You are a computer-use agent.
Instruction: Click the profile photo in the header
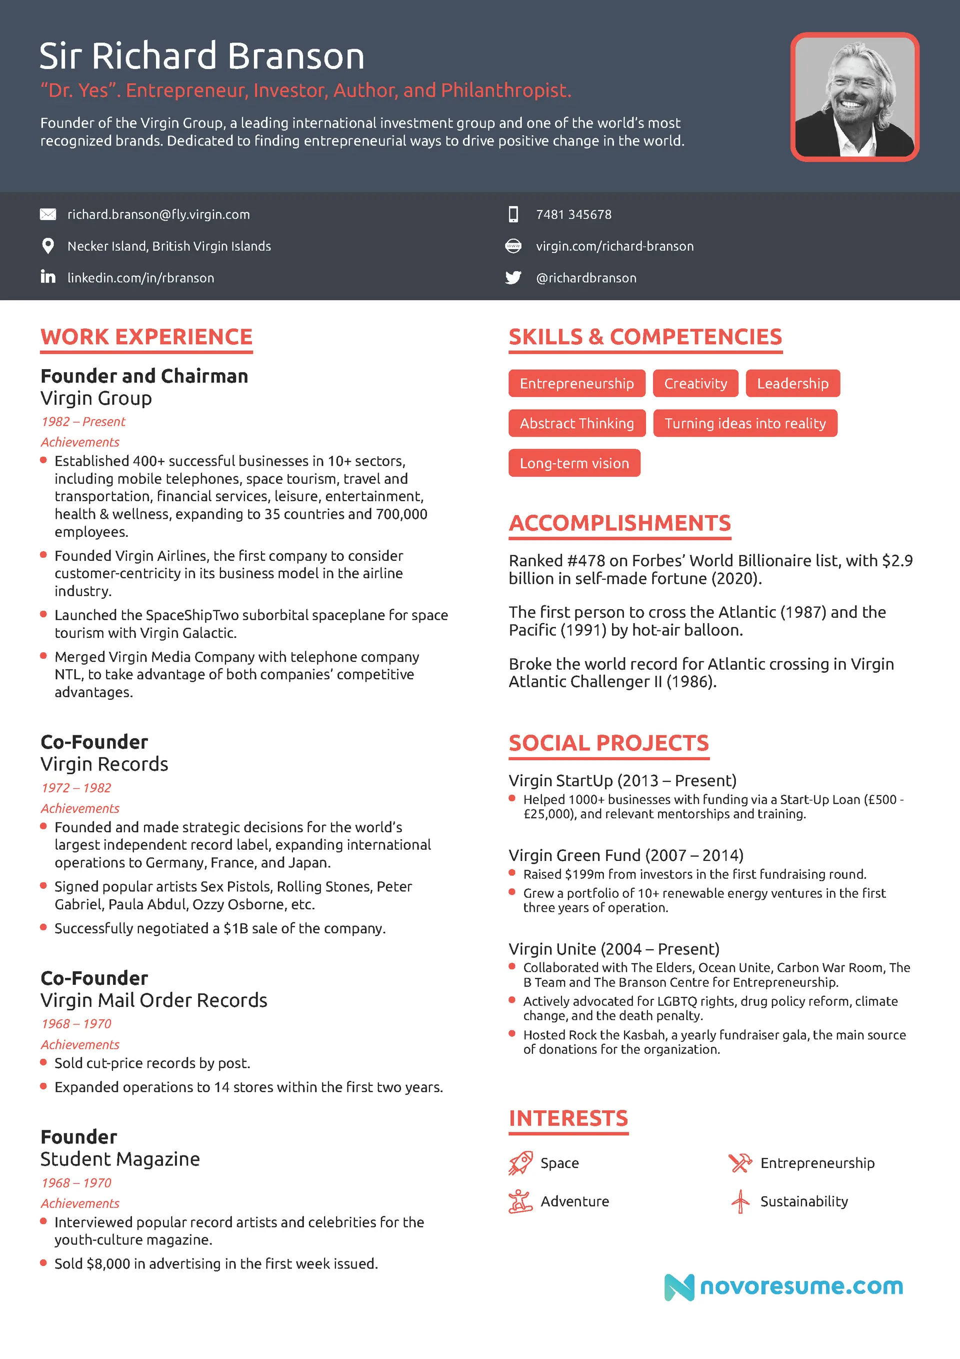(854, 97)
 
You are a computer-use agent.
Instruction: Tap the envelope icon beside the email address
(48, 214)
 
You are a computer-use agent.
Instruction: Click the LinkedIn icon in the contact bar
(48, 277)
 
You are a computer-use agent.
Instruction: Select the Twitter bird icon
(513, 278)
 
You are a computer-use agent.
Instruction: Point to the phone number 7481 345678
(573, 214)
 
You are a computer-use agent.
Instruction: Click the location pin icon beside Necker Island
(48, 246)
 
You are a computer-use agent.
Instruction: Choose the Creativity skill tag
(695, 384)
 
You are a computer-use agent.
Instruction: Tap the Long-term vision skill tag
(574, 463)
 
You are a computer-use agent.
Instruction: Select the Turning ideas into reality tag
(744, 423)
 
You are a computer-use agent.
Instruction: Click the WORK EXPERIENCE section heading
(146, 337)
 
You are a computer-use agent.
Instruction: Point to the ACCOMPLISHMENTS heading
(619, 523)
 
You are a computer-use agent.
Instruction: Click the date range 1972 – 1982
(76, 788)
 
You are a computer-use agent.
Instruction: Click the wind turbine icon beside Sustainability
(740, 1201)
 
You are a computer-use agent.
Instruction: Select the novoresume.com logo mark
(679, 1287)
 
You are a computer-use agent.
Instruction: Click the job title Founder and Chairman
(144, 376)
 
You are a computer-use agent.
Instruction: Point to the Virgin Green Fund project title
(625, 855)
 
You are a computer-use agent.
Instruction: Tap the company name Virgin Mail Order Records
(154, 1000)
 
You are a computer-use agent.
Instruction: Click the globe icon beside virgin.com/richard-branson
(513, 246)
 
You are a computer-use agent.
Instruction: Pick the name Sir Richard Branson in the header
(202, 56)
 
